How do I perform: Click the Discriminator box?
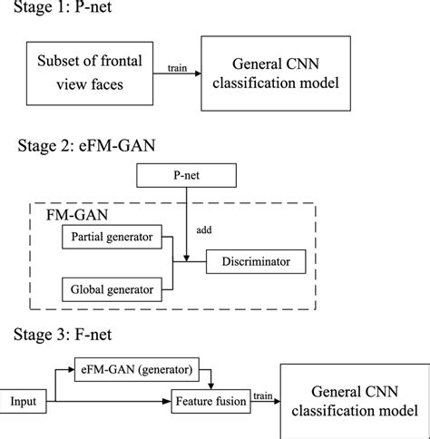coord(253,262)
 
